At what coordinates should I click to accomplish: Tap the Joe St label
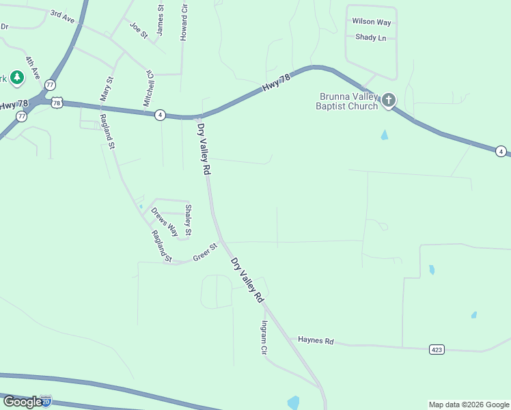pyautogui.click(x=139, y=30)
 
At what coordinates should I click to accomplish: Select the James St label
pyautogui.click(x=161, y=20)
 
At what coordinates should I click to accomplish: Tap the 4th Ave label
pyautogui.click(x=33, y=66)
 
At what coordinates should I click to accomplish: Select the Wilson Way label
pyautogui.click(x=372, y=22)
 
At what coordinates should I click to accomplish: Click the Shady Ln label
pyautogui.click(x=371, y=38)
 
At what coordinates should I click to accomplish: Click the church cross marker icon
pyautogui.click(x=388, y=101)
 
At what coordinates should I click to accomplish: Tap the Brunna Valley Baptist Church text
pyautogui.click(x=347, y=101)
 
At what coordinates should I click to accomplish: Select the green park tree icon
pyautogui.click(x=17, y=79)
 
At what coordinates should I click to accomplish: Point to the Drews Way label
pyautogui.click(x=164, y=221)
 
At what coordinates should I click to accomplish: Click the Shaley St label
pyautogui.click(x=189, y=221)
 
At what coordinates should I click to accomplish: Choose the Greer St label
pyautogui.click(x=204, y=252)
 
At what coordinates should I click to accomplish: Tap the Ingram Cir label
pyautogui.click(x=263, y=338)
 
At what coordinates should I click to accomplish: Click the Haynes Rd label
pyautogui.click(x=315, y=340)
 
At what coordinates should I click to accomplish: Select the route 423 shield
pyautogui.click(x=437, y=349)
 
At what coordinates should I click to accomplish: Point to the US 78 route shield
pyautogui.click(x=57, y=102)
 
